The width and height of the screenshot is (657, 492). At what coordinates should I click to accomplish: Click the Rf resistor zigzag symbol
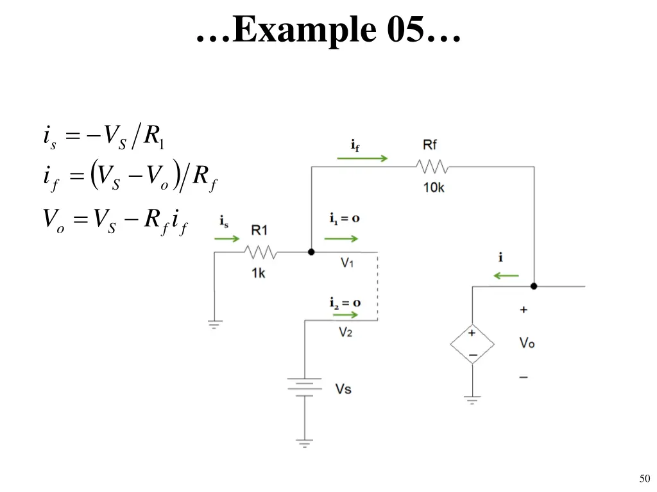click(432, 167)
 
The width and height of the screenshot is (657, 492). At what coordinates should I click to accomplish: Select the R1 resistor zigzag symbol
click(260, 252)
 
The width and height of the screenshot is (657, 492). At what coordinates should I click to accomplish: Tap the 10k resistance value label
click(434, 188)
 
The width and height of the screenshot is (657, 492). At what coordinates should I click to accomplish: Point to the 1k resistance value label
click(258, 273)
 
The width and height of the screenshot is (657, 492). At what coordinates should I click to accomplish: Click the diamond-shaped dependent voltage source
click(472, 344)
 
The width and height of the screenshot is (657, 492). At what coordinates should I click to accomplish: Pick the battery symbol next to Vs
click(305, 387)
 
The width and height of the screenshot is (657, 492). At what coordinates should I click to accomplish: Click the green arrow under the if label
click(363, 158)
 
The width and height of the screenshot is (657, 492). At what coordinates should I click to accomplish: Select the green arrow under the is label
click(226, 239)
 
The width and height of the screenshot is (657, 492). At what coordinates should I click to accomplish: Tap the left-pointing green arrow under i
click(506, 275)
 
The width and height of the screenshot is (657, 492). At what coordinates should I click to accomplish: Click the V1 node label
click(347, 263)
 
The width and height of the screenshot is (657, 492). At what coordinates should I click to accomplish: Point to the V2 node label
click(346, 332)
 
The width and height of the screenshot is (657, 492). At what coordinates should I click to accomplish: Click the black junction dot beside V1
click(311, 252)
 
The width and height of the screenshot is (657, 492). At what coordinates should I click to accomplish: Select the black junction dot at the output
click(534, 286)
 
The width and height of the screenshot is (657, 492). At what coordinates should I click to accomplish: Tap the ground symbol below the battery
click(305, 443)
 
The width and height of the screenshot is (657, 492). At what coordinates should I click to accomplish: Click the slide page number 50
click(645, 478)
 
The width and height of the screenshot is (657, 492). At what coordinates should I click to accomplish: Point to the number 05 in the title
click(405, 29)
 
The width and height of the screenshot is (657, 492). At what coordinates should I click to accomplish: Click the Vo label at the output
click(527, 343)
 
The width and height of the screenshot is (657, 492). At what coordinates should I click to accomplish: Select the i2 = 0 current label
click(345, 302)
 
